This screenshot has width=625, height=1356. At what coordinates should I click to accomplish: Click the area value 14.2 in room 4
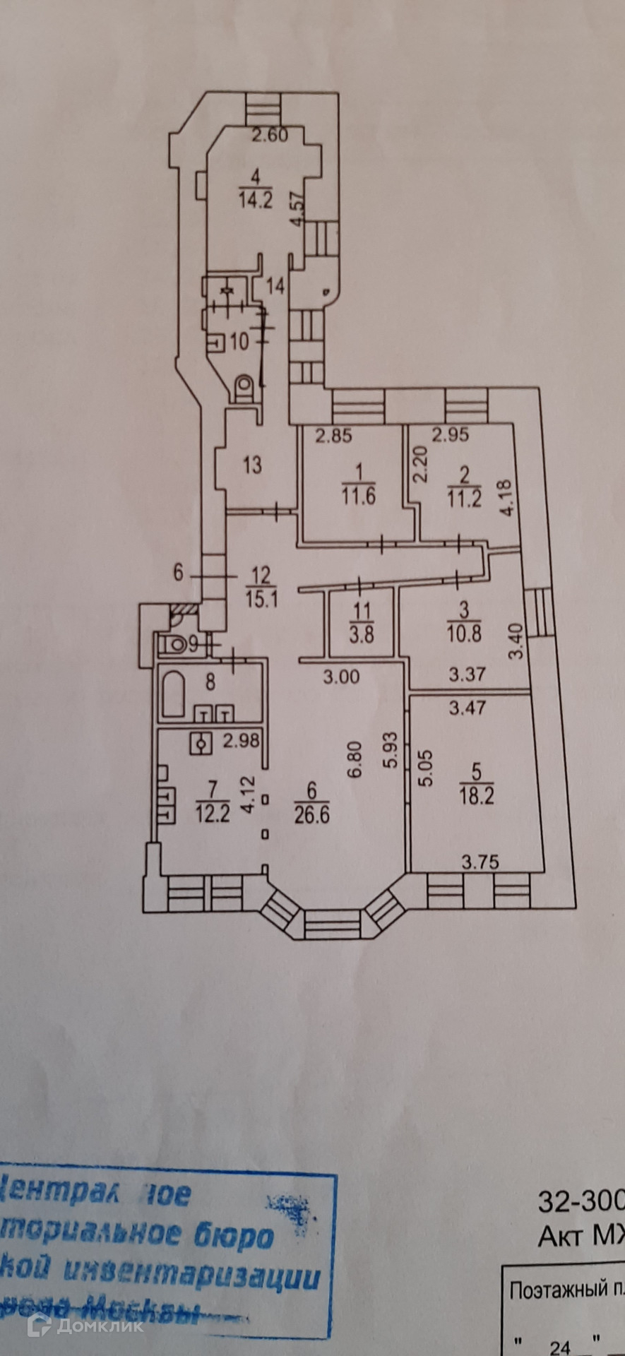tap(256, 200)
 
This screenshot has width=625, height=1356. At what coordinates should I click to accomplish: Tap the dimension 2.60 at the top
tap(270, 135)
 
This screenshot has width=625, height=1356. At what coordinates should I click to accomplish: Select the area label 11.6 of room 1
tap(358, 496)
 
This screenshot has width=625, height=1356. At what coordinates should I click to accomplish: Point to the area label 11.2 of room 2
tap(465, 499)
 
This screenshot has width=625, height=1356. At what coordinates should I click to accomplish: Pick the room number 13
tap(252, 465)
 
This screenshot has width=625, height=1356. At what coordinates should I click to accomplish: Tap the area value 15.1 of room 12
tap(262, 600)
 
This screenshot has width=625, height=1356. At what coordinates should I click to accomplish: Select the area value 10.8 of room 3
tap(464, 634)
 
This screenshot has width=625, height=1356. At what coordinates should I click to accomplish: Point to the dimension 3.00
tap(341, 677)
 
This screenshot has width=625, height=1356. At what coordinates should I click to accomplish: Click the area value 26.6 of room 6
tap(311, 815)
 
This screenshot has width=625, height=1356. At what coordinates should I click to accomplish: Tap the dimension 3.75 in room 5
tap(480, 861)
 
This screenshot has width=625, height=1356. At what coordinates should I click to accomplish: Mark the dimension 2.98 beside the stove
tap(242, 741)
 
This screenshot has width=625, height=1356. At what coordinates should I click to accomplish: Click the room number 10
tap(239, 342)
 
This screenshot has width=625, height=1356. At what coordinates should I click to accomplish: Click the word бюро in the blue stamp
tap(235, 1237)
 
